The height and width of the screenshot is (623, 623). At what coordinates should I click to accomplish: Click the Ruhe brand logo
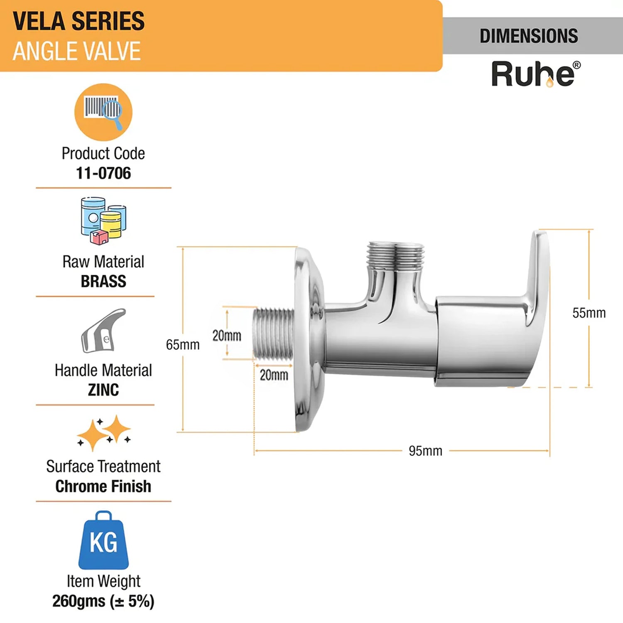pyautogui.click(x=535, y=74)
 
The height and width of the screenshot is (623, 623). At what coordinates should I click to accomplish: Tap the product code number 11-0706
pyautogui.click(x=103, y=173)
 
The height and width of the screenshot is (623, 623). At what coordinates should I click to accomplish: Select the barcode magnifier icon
pyautogui.click(x=103, y=112)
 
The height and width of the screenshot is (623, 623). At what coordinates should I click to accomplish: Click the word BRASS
pyautogui.click(x=103, y=282)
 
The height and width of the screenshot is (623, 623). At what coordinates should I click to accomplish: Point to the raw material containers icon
pyautogui.click(x=103, y=220)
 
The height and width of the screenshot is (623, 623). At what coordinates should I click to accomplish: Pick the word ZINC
pyautogui.click(x=103, y=390)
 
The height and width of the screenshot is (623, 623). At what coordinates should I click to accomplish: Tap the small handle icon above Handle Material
pyautogui.click(x=103, y=331)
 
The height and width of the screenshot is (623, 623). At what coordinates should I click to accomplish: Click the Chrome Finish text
pyautogui.click(x=103, y=486)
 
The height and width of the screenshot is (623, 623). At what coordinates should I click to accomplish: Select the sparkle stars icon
pyautogui.click(x=104, y=433)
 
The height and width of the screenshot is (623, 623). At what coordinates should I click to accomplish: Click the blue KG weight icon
pyautogui.click(x=103, y=541)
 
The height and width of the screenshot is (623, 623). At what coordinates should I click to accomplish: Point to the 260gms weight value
pyautogui.click(x=103, y=601)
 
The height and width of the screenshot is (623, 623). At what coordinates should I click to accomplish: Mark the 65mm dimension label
pyautogui.click(x=183, y=345)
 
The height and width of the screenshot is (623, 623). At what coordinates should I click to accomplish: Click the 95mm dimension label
pyautogui.click(x=425, y=451)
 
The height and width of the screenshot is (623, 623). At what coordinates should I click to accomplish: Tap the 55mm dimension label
pyautogui.click(x=589, y=313)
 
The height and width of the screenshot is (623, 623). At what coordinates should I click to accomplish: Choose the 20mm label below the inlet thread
pyautogui.click(x=274, y=375)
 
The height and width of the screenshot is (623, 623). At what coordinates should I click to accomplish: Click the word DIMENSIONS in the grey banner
pyautogui.click(x=529, y=36)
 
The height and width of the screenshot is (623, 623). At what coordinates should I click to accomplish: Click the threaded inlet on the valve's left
pyautogui.click(x=274, y=332)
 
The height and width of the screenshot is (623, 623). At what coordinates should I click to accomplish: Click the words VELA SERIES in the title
pyautogui.click(x=79, y=21)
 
